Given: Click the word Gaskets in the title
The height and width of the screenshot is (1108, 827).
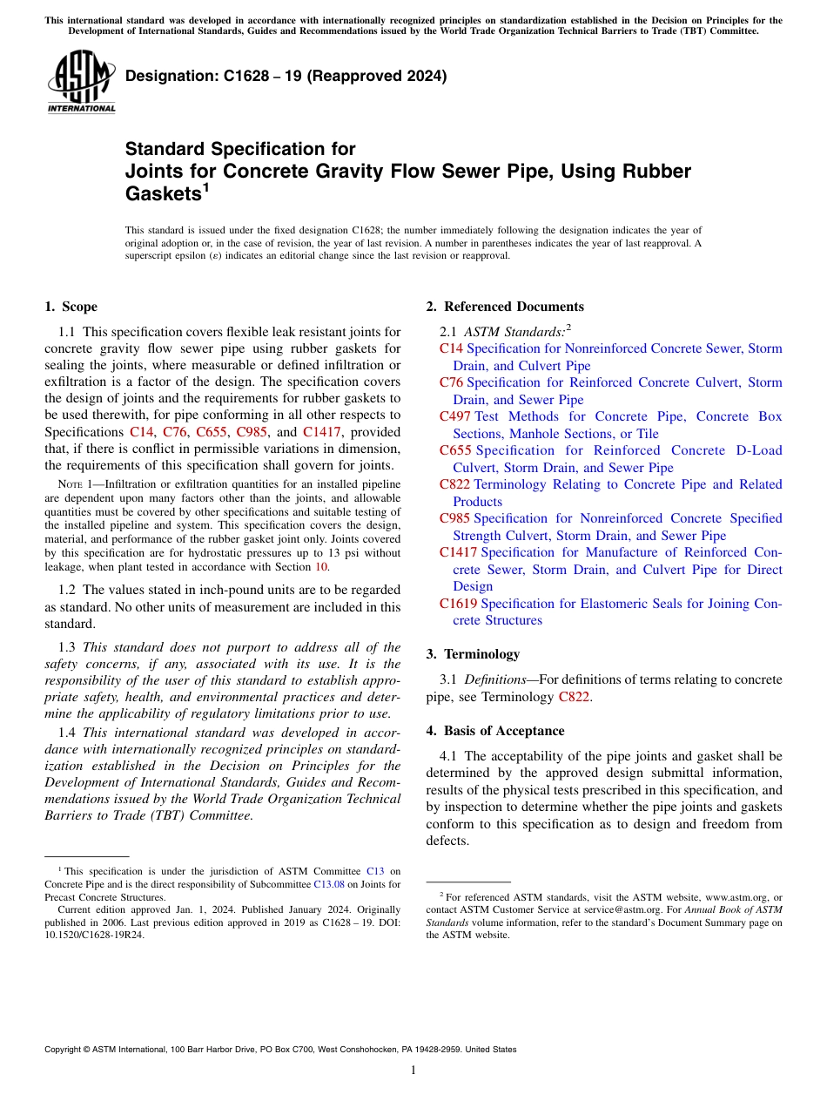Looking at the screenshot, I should click(163, 194).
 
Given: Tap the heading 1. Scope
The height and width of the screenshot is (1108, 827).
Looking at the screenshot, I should click(71, 307).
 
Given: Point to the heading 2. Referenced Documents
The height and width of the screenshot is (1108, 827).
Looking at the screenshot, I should click(505, 307).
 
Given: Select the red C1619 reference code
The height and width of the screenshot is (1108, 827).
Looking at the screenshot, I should click(459, 604).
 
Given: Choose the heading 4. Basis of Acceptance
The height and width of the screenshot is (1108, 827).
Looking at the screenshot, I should click(495, 731).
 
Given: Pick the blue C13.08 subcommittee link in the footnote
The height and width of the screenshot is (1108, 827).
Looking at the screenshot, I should click(328, 884).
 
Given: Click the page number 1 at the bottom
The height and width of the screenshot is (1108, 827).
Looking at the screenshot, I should click(413, 1071).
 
